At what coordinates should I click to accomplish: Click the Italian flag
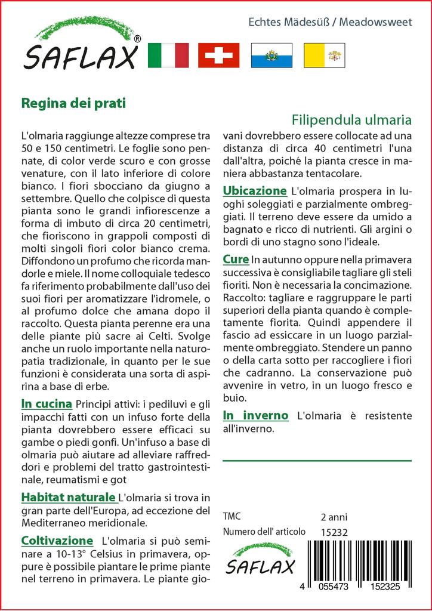(x=167, y=55)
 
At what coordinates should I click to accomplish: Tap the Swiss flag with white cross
(x=218, y=55)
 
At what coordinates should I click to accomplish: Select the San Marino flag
(x=271, y=55)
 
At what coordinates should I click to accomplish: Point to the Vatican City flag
(x=325, y=55)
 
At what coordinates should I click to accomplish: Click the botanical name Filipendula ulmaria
(x=352, y=118)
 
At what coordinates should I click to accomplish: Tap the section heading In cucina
(x=47, y=404)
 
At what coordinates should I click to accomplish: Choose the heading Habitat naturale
(x=68, y=497)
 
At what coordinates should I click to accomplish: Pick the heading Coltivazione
(x=57, y=541)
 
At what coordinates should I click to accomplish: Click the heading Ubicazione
(x=255, y=191)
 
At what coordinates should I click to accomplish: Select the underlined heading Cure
(x=236, y=259)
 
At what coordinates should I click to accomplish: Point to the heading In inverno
(x=255, y=415)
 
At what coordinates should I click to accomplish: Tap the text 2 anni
(x=334, y=517)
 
